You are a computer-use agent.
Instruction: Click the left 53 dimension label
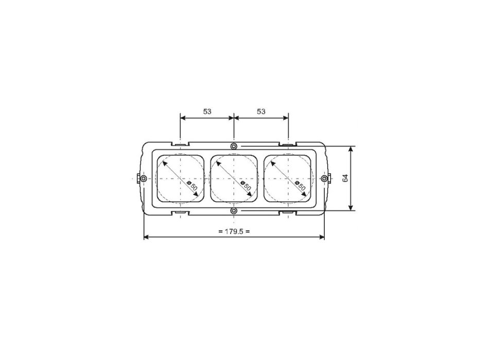207,111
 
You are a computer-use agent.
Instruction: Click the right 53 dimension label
261,111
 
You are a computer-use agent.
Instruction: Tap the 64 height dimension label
345,178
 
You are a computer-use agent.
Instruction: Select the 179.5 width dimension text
234,231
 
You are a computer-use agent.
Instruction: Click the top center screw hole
234,146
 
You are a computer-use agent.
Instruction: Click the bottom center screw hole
234,211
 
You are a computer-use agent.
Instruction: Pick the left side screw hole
143,178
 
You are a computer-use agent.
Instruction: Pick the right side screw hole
324,178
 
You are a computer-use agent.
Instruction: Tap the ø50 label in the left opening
192,186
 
